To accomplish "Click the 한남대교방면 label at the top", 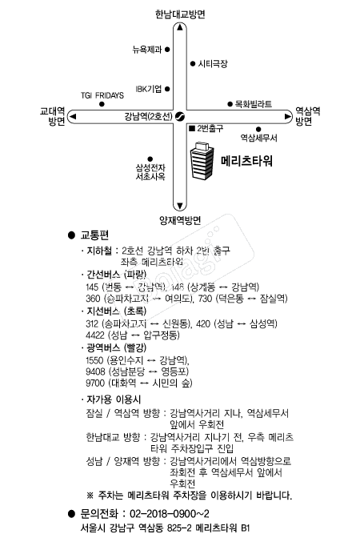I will [x=181, y=14].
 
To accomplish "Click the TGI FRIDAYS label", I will [x=102, y=95].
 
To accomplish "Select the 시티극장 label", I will [x=214, y=62].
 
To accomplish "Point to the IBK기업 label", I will [x=149, y=89].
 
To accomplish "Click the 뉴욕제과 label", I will [x=146, y=50].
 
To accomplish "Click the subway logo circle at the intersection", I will [x=180, y=117].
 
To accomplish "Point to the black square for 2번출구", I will [x=190, y=128].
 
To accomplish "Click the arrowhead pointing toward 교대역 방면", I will [x=74, y=117].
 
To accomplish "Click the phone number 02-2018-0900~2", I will [x=168, y=513].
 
